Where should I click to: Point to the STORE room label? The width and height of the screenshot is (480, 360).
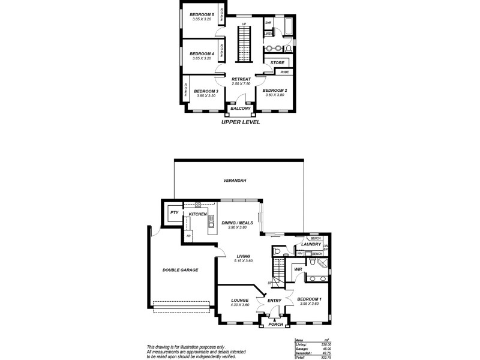[277, 62]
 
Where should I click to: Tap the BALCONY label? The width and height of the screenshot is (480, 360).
[240, 109]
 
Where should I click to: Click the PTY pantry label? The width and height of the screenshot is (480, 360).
[173, 212]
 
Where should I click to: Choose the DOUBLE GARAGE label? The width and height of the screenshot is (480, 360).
[180, 270]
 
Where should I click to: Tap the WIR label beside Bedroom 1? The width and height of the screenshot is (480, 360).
[298, 269]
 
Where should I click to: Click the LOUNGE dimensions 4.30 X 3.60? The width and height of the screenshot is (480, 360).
[239, 305]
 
